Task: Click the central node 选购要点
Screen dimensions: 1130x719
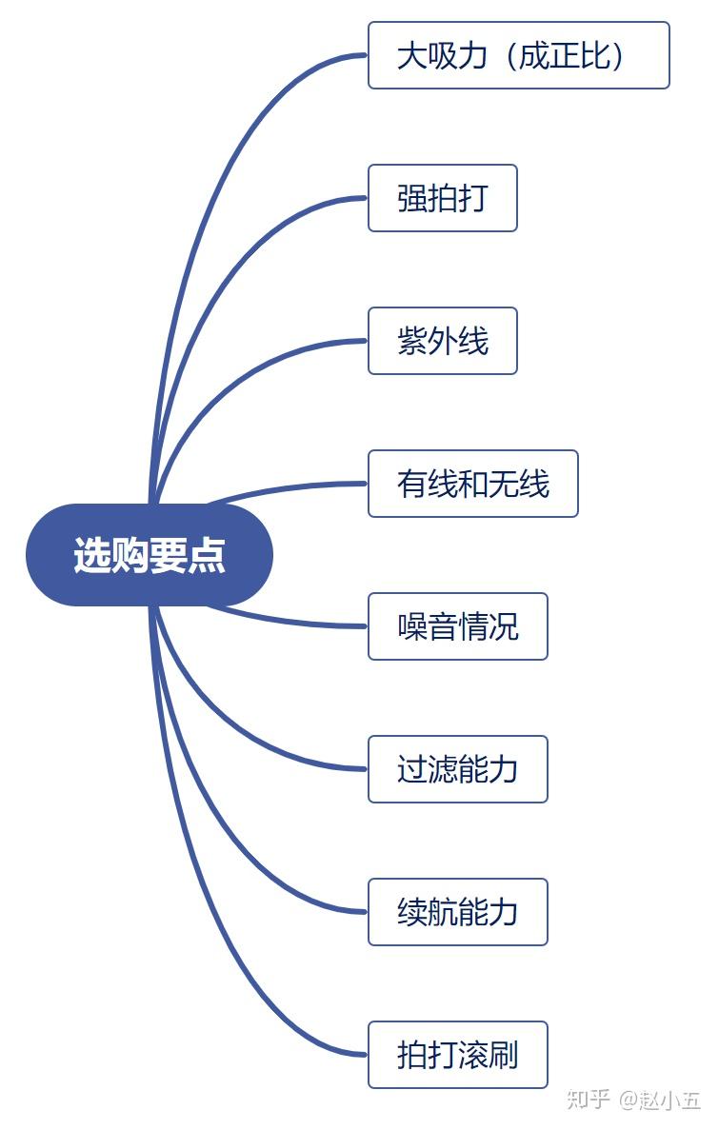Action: (150, 555)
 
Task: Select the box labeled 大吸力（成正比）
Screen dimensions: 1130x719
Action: (518, 55)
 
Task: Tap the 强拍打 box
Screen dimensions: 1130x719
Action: (442, 198)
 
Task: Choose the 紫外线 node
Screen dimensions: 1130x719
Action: (442, 341)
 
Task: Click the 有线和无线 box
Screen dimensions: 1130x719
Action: (472, 484)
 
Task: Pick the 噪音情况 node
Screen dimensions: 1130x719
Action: (457, 626)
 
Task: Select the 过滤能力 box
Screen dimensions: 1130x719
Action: (457, 769)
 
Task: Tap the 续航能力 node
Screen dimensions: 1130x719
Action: (457, 912)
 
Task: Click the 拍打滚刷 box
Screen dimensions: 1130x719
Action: (457, 1055)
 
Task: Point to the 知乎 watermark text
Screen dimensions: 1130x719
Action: (588, 1100)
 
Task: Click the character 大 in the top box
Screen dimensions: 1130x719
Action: (411, 55)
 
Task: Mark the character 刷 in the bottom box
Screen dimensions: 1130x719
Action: (504, 1055)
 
